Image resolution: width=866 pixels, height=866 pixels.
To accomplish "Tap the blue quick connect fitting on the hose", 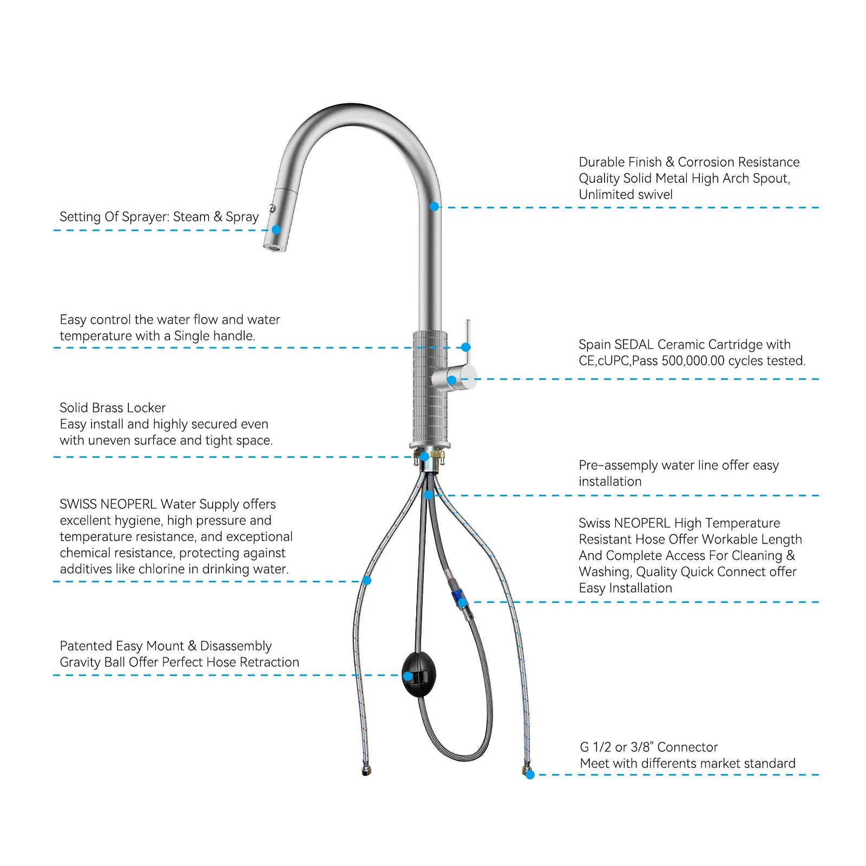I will point(457,598).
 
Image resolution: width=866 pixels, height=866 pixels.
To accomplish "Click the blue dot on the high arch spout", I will point(434,207).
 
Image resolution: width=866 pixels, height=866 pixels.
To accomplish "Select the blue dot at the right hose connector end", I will point(530,775).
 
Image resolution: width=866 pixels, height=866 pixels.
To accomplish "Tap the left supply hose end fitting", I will point(366,771).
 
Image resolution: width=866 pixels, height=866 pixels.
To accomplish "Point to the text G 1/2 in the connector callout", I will point(595,747).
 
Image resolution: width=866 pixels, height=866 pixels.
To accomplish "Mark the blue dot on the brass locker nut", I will point(425,457).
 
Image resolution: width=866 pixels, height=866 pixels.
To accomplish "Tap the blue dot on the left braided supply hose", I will point(366,581).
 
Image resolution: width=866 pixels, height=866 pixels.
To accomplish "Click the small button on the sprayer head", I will point(272,208).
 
